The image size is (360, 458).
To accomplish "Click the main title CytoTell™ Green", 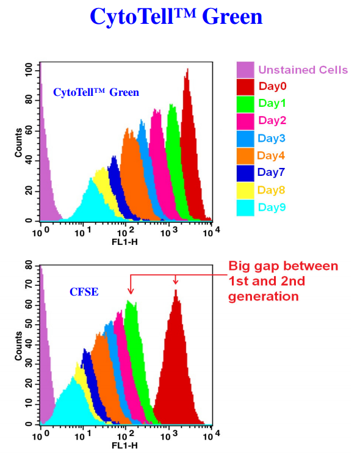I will tap(176, 16).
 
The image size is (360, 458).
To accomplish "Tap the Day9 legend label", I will tap(271, 207).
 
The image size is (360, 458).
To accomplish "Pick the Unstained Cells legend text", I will tap(303, 70).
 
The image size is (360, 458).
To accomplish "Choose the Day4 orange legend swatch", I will tap(246, 155).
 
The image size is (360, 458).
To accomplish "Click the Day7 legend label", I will tap(271, 172).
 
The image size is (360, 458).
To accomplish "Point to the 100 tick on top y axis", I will tap(28, 70).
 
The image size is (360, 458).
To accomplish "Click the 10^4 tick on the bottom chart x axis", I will tap(211, 435).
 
